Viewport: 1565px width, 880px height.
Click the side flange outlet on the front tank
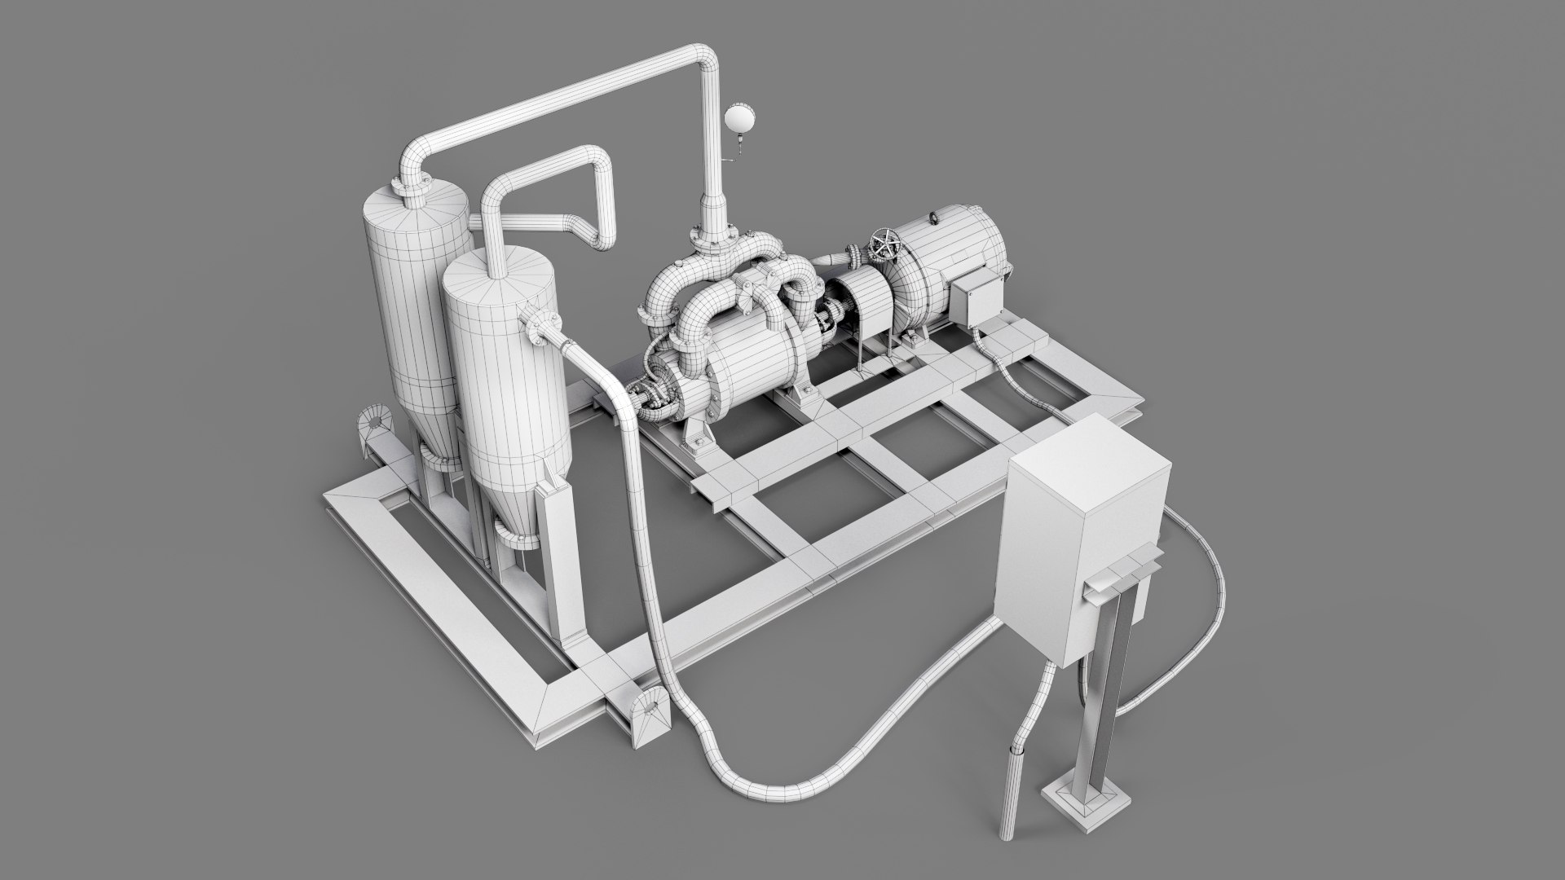pyautogui.click(x=540, y=327)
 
